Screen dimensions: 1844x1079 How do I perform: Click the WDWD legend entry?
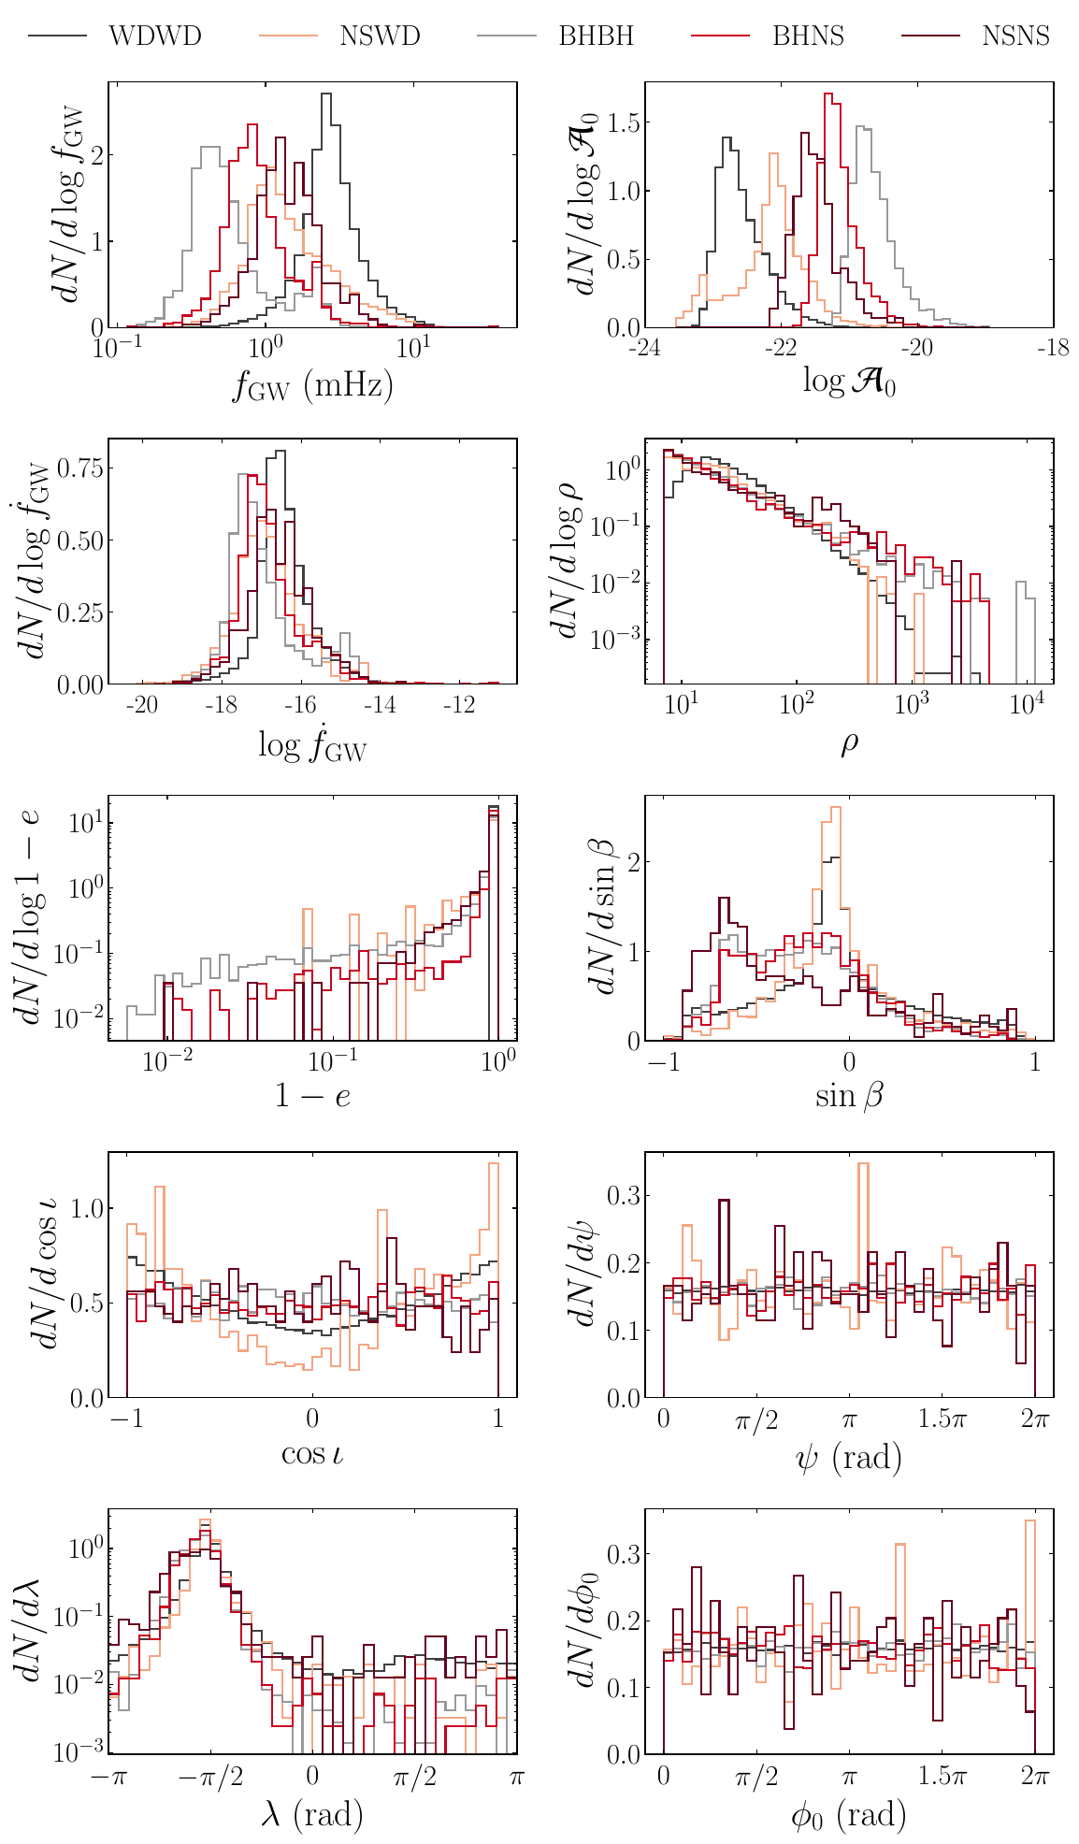tap(155, 36)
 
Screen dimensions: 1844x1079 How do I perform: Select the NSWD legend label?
tap(381, 36)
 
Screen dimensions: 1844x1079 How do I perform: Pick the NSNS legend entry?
tap(1015, 36)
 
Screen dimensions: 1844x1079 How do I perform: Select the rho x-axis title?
tap(849, 744)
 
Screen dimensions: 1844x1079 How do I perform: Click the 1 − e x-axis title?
tap(312, 1096)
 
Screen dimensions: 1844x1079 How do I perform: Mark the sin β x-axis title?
tap(849, 1096)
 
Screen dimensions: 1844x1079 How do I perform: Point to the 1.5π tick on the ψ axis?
tap(942, 1419)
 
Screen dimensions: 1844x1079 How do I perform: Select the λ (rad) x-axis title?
tap(312, 1814)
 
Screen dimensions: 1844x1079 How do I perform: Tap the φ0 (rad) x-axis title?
tap(849, 1814)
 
